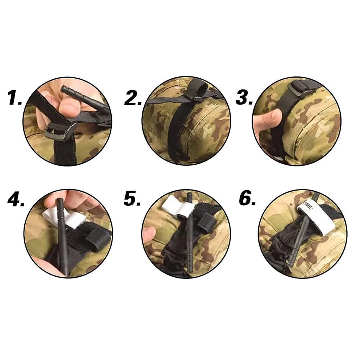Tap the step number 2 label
(x=133, y=98)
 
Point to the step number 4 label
(x=16, y=198)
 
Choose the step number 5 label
(x=132, y=198)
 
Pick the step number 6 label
(x=247, y=198)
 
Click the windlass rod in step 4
(x=62, y=234)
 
